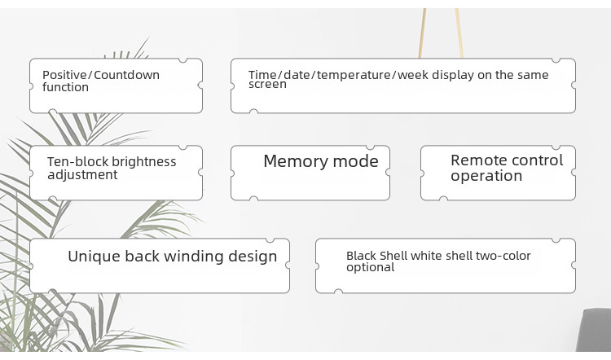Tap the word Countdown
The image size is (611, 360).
coord(126,74)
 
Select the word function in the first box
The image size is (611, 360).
coord(65,87)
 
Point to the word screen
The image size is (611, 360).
coord(267,84)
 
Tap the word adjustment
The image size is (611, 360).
coord(82,174)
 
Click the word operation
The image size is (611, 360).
coord(486,176)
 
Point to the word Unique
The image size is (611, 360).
coord(94,257)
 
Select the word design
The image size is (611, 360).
coord(253,257)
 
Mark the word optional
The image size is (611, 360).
coord(370,267)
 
